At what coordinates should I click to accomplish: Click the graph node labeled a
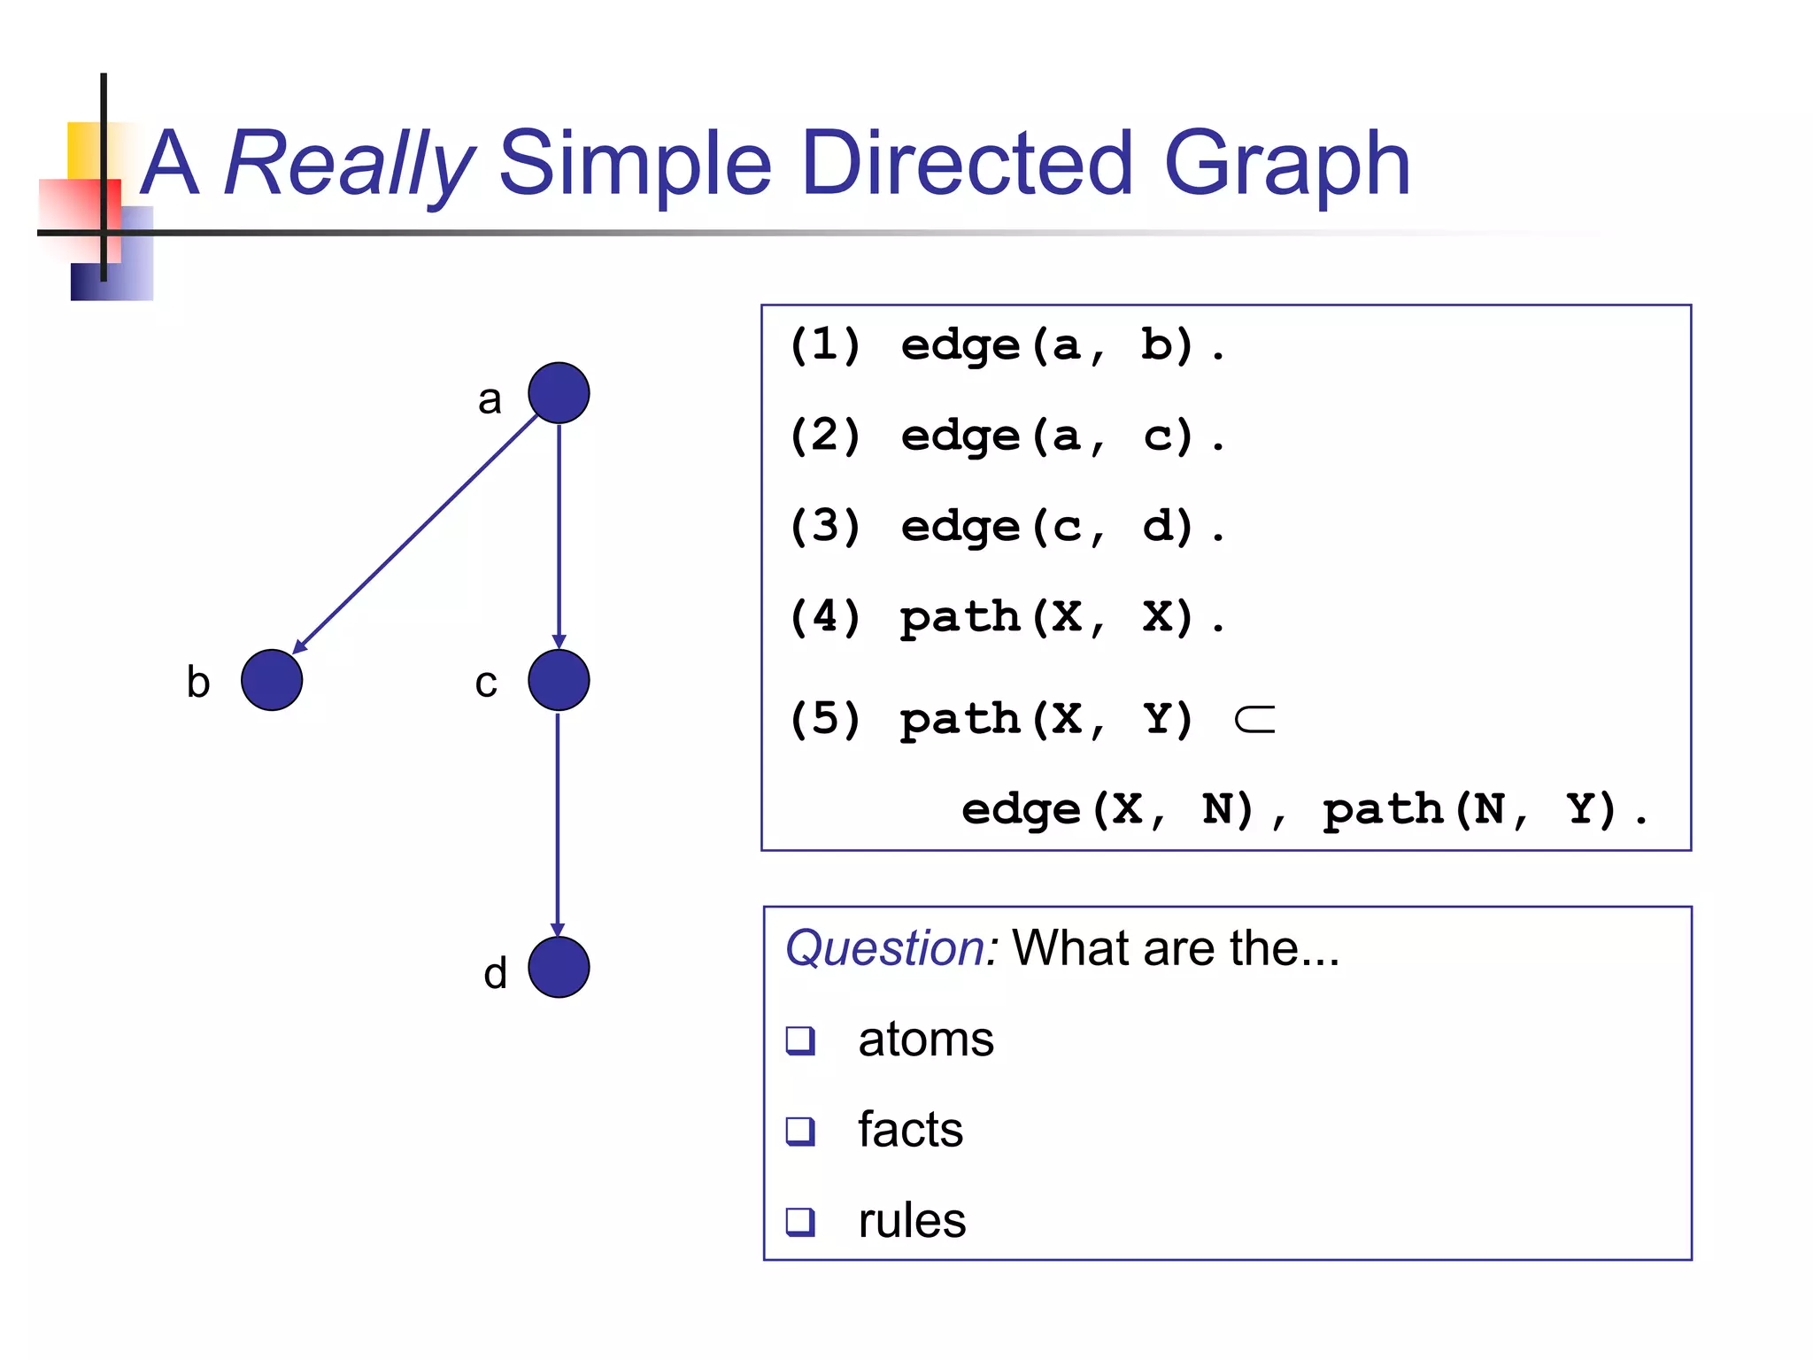pos(559,393)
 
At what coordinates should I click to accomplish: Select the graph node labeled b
pos(272,680)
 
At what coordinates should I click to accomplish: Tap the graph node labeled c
pos(559,680)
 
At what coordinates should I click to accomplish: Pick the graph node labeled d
pos(559,967)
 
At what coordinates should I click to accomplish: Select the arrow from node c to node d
pos(558,823)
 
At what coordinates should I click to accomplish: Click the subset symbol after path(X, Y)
pos(1254,720)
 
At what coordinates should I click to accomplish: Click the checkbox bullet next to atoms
pos(800,1039)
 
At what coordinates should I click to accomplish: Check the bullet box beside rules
pos(800,1221)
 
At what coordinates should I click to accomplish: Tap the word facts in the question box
pos(910,1130)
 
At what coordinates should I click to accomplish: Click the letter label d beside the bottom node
pos(495,973)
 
